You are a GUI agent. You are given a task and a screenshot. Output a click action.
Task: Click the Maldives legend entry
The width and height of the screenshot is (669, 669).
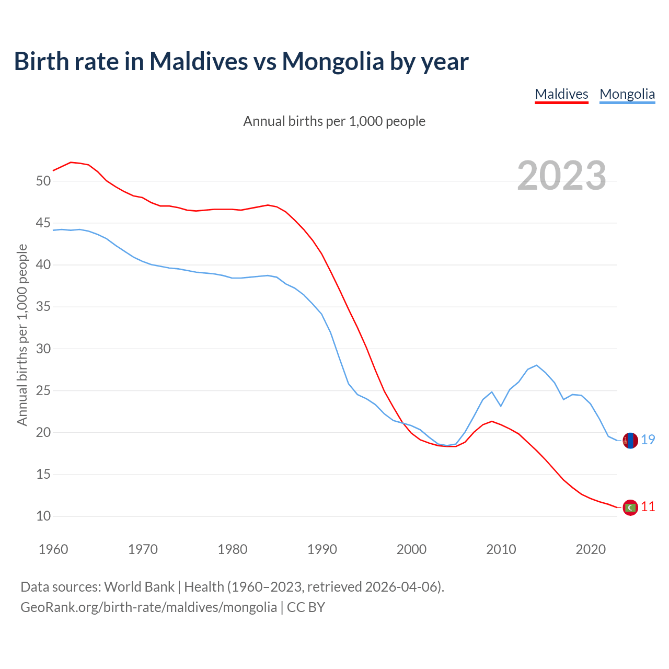coord(561,94)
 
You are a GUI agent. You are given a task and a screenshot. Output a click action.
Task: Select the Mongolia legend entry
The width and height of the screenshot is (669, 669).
coord(627,94)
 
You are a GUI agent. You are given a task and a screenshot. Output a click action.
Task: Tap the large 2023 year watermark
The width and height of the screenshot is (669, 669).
coord(561,176)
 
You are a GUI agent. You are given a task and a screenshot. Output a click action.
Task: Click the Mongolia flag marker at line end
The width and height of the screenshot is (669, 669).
coord(630,441)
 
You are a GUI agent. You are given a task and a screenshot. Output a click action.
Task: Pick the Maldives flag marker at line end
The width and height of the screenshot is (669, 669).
coord(630,507)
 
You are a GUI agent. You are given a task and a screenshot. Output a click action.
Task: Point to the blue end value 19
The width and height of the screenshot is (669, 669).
coord(648,440)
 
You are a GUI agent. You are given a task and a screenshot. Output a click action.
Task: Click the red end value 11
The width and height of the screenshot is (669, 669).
coord(648,506)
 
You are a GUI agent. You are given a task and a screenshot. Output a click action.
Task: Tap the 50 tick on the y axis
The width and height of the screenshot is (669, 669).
coord(43,181)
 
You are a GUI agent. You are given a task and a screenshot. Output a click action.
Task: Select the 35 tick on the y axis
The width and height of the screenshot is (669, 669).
coord(43,307)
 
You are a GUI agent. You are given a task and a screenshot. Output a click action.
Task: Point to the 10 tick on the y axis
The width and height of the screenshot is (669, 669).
coord(43,516)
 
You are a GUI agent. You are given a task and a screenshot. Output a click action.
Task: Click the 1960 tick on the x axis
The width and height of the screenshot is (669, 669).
coord(53,549)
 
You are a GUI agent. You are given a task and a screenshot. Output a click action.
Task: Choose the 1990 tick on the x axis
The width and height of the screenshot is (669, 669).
coord(322,549)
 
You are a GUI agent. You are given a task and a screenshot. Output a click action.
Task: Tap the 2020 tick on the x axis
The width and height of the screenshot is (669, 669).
coord(591,549)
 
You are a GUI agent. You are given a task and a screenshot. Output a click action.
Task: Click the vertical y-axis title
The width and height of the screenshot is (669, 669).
coord(22,334)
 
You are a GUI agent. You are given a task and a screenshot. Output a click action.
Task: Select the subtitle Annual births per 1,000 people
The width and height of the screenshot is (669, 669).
coord(334,121)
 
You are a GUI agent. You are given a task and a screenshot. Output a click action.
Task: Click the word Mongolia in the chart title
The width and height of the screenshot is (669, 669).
coord(333,61)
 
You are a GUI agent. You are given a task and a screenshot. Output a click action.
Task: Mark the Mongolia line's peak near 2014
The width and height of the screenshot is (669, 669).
coord(537,365)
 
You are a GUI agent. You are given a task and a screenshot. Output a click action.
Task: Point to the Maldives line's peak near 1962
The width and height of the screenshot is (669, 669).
coord(71,162)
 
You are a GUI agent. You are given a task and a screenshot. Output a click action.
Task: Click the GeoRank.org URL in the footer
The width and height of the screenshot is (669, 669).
coord(148,607)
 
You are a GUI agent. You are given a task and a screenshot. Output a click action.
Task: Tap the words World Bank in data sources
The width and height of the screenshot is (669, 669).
coord(139,586)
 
